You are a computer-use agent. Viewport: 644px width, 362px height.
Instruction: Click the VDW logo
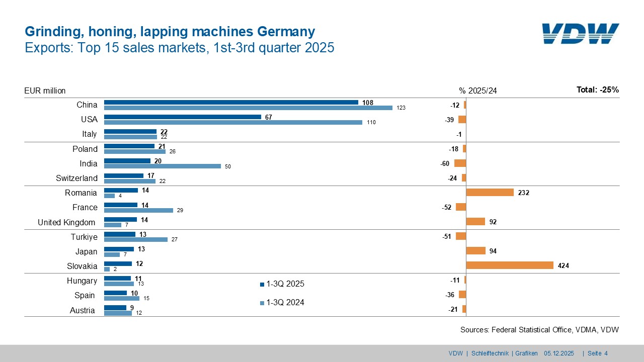pos(580,34)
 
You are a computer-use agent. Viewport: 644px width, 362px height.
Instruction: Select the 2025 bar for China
pos(231,103)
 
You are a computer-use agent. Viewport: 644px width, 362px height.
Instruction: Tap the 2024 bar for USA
pos(233,122)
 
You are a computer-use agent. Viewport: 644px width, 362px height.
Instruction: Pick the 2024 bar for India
pos(162,166)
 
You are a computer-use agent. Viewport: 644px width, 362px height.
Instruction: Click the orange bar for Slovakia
pos(510,265)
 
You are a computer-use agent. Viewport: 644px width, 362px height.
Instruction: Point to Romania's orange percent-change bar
pos(490,193)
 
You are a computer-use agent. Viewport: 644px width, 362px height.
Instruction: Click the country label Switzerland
pos(76,178)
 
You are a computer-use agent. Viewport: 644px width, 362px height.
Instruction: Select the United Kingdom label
pos(66,222)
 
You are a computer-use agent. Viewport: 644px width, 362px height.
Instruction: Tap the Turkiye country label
pos(84,237)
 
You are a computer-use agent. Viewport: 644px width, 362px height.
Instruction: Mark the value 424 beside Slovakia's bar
pos(563,265)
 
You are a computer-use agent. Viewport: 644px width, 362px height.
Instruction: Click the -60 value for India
pos(445,163)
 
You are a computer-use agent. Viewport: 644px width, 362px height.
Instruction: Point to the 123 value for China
pos(400,108)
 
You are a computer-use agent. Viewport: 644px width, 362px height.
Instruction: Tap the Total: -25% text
pos(597,90)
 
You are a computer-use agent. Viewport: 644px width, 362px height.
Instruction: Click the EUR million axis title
pos(45,91)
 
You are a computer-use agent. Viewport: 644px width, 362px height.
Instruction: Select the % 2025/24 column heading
pos(477,91)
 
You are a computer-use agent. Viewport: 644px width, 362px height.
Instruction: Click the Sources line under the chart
pos(539,330)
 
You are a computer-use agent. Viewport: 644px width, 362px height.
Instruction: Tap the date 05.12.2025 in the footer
pos(558,353)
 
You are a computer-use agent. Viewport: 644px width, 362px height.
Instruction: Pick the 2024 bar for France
pos(138,210)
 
